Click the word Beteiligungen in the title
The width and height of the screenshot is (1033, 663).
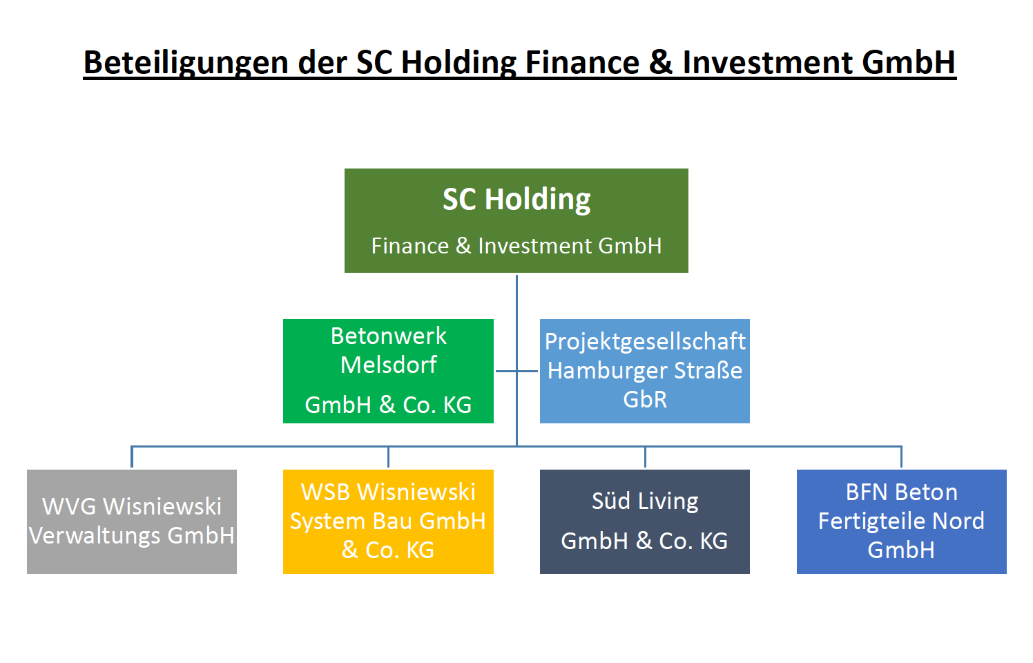186,63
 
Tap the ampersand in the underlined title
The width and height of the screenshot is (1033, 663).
661,62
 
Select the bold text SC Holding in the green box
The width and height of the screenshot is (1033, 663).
516,200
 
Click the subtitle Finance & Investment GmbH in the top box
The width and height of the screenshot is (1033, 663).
516,245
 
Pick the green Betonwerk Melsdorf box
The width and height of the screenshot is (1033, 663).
388,371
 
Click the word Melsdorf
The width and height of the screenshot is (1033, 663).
388,365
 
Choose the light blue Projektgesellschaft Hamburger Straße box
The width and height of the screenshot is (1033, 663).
645,371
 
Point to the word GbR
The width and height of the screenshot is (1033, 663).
645,400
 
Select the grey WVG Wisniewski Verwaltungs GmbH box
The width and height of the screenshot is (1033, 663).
132,522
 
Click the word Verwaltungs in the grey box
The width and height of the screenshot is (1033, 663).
95,536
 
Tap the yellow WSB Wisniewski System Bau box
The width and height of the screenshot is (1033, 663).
388,522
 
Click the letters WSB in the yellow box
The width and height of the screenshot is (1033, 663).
326,492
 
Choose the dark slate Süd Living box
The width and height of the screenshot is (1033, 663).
645,522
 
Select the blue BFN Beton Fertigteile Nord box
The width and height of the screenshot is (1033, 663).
902,522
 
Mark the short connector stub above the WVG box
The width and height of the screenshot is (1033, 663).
132,457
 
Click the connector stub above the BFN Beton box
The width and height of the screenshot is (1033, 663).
902,457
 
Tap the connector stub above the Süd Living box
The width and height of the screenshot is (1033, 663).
645,457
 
